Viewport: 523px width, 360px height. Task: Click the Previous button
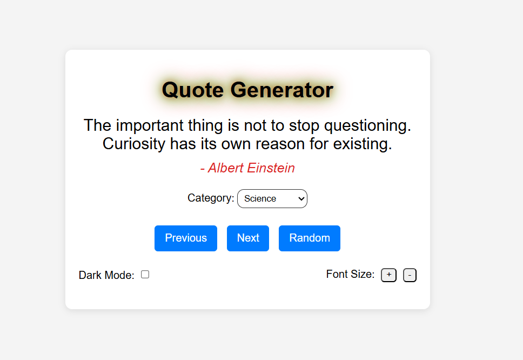pyautogui.click(x=186, y=238)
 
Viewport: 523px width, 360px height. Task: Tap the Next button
pyautogui.click(x=248, y=238)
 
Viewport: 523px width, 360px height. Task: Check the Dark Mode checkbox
pyautogui.click(x=145, y=275)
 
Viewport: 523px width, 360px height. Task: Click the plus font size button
pyautogui.click(x=388, y=275)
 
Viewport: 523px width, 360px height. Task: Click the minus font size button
pyautogui.click(x=410, y=275)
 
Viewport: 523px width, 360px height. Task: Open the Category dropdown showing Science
pyautogui.click(x=272, y=198)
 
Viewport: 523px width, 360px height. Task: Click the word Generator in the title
pyautogui.click(x=282, y=90)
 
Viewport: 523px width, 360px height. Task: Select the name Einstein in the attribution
pyautogui.click(x=271, y=168)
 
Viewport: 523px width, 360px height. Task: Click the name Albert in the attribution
pyautogui.click(x=226, y=168)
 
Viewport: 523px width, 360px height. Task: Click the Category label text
pyautogui.click(x=211, y=198)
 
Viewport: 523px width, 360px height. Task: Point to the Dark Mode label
pyautogui.click(x=106, y=275)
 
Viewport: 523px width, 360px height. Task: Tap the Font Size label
pyautogui.click(x=350, y=274)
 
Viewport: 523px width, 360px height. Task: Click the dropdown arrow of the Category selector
pyautogui.click(x=301, y=198)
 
